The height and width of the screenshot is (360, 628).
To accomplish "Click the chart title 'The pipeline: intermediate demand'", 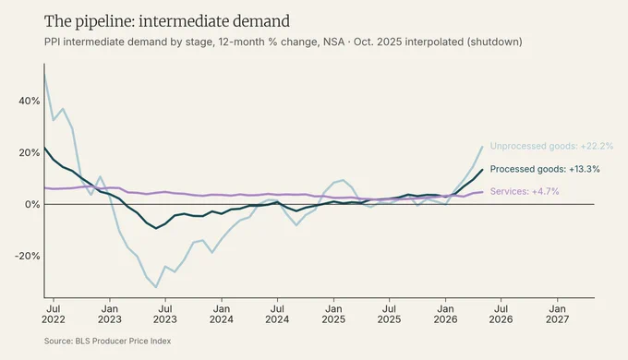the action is pos(167,21).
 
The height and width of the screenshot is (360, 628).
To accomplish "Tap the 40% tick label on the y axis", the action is pos(30,101).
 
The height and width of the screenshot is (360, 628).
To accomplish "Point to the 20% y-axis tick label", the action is pos(30,152).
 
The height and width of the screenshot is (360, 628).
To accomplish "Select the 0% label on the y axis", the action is pos(32,204).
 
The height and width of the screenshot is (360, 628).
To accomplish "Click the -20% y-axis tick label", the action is pos(27,256).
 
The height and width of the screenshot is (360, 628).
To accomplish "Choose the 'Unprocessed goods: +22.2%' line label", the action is pos(551,146).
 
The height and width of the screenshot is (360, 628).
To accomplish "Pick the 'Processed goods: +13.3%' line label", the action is pos(545,170).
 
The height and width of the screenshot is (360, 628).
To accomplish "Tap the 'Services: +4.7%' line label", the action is pos(525,191).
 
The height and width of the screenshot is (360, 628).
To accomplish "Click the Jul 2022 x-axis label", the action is pos(54,315).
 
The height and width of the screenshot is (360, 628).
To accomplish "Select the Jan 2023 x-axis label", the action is pos(109,315).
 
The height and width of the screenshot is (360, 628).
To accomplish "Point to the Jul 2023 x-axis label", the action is pos(165,315).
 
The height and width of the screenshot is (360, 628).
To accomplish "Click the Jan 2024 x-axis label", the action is pos(222,315).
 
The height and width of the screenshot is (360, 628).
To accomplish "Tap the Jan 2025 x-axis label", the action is pos(333,315).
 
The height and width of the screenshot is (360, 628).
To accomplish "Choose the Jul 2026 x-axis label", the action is pos(501,315).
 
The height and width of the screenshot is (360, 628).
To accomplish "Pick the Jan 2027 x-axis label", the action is pos(557,315).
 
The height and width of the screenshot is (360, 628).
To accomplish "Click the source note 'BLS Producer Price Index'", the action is pos(123,342).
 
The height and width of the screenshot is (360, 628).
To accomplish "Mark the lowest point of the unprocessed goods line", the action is pos(156,287).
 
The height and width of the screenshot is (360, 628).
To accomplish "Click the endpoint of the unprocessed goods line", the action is pos(482,147).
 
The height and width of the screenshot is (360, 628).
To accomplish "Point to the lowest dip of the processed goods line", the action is pos(156,228).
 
